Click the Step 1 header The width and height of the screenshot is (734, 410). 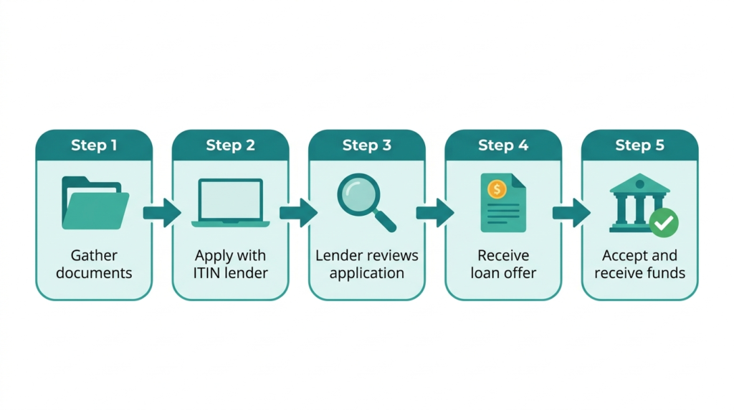(94, 145)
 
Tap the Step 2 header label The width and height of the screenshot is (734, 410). (230, 145)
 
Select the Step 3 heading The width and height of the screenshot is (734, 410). (366, 145)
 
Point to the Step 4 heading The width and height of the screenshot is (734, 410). (503, 145)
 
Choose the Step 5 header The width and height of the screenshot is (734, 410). (639, 145)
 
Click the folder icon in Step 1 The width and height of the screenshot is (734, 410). (95, 203)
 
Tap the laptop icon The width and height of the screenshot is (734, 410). (230, 203)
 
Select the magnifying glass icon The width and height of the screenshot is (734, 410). (366, 202)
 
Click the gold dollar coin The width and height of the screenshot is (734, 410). (497, 189)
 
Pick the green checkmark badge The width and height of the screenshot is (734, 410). (664, 223)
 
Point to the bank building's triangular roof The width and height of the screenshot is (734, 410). (639, 183)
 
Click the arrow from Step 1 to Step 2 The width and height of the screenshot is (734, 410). (162, 213)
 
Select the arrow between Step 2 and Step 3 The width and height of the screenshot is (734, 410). (299, 213)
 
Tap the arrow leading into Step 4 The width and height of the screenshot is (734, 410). (435, 213)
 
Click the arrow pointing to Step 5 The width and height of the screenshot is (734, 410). (571, 213)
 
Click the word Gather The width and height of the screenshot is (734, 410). (94, 256)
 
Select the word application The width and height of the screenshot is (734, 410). (366, 274)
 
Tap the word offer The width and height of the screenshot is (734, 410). (520, 273)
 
